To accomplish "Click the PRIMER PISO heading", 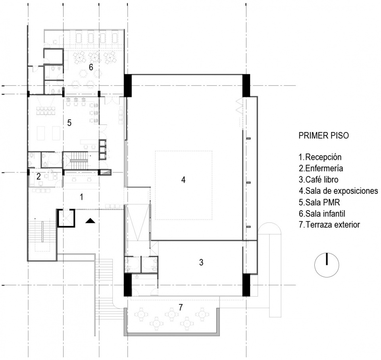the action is pyautogui.click(x=323, y=136).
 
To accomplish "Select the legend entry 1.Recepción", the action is pyautogui.click(x=320, y=157).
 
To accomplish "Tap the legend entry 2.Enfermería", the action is pyautogui.click(x=321, y=168).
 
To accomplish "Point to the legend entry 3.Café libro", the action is pyautogui.click(x=319, y=180).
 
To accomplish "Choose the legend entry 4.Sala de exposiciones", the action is pyautogui.click(x=338, y=191).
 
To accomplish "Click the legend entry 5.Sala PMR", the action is pyautogui.click(x=319, y=202).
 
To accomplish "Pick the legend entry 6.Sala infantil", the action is pyautogui.click(x=322, y=214).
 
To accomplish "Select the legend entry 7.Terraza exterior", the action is pyautogui.click(x=329, y=225).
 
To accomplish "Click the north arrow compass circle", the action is pyautogui.click(x=327, y=253).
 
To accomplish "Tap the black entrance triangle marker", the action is pyautogui.click(x=90, y=221).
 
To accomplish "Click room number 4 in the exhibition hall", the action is pyautogui.click(x=183, y=180).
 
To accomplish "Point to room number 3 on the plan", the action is pyautogui.click(x=201, y=262).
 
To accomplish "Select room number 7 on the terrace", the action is pyautogui.click(x=180, y=307).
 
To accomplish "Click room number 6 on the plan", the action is pyautogui.click(x=91, y=67).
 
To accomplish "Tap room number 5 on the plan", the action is pyautogui.click(x=69, y=123).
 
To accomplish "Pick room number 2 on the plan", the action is pyautogui.click(x=38, y=176).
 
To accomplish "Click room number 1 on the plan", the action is pyautogui.click(x=82, y=197).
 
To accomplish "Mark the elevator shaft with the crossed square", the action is pyautogui.click(x=65, y=218).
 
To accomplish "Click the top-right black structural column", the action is pyautogui.click(x=246, y=85).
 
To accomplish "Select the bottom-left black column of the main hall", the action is pyautogui.click(x=128, y=285).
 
